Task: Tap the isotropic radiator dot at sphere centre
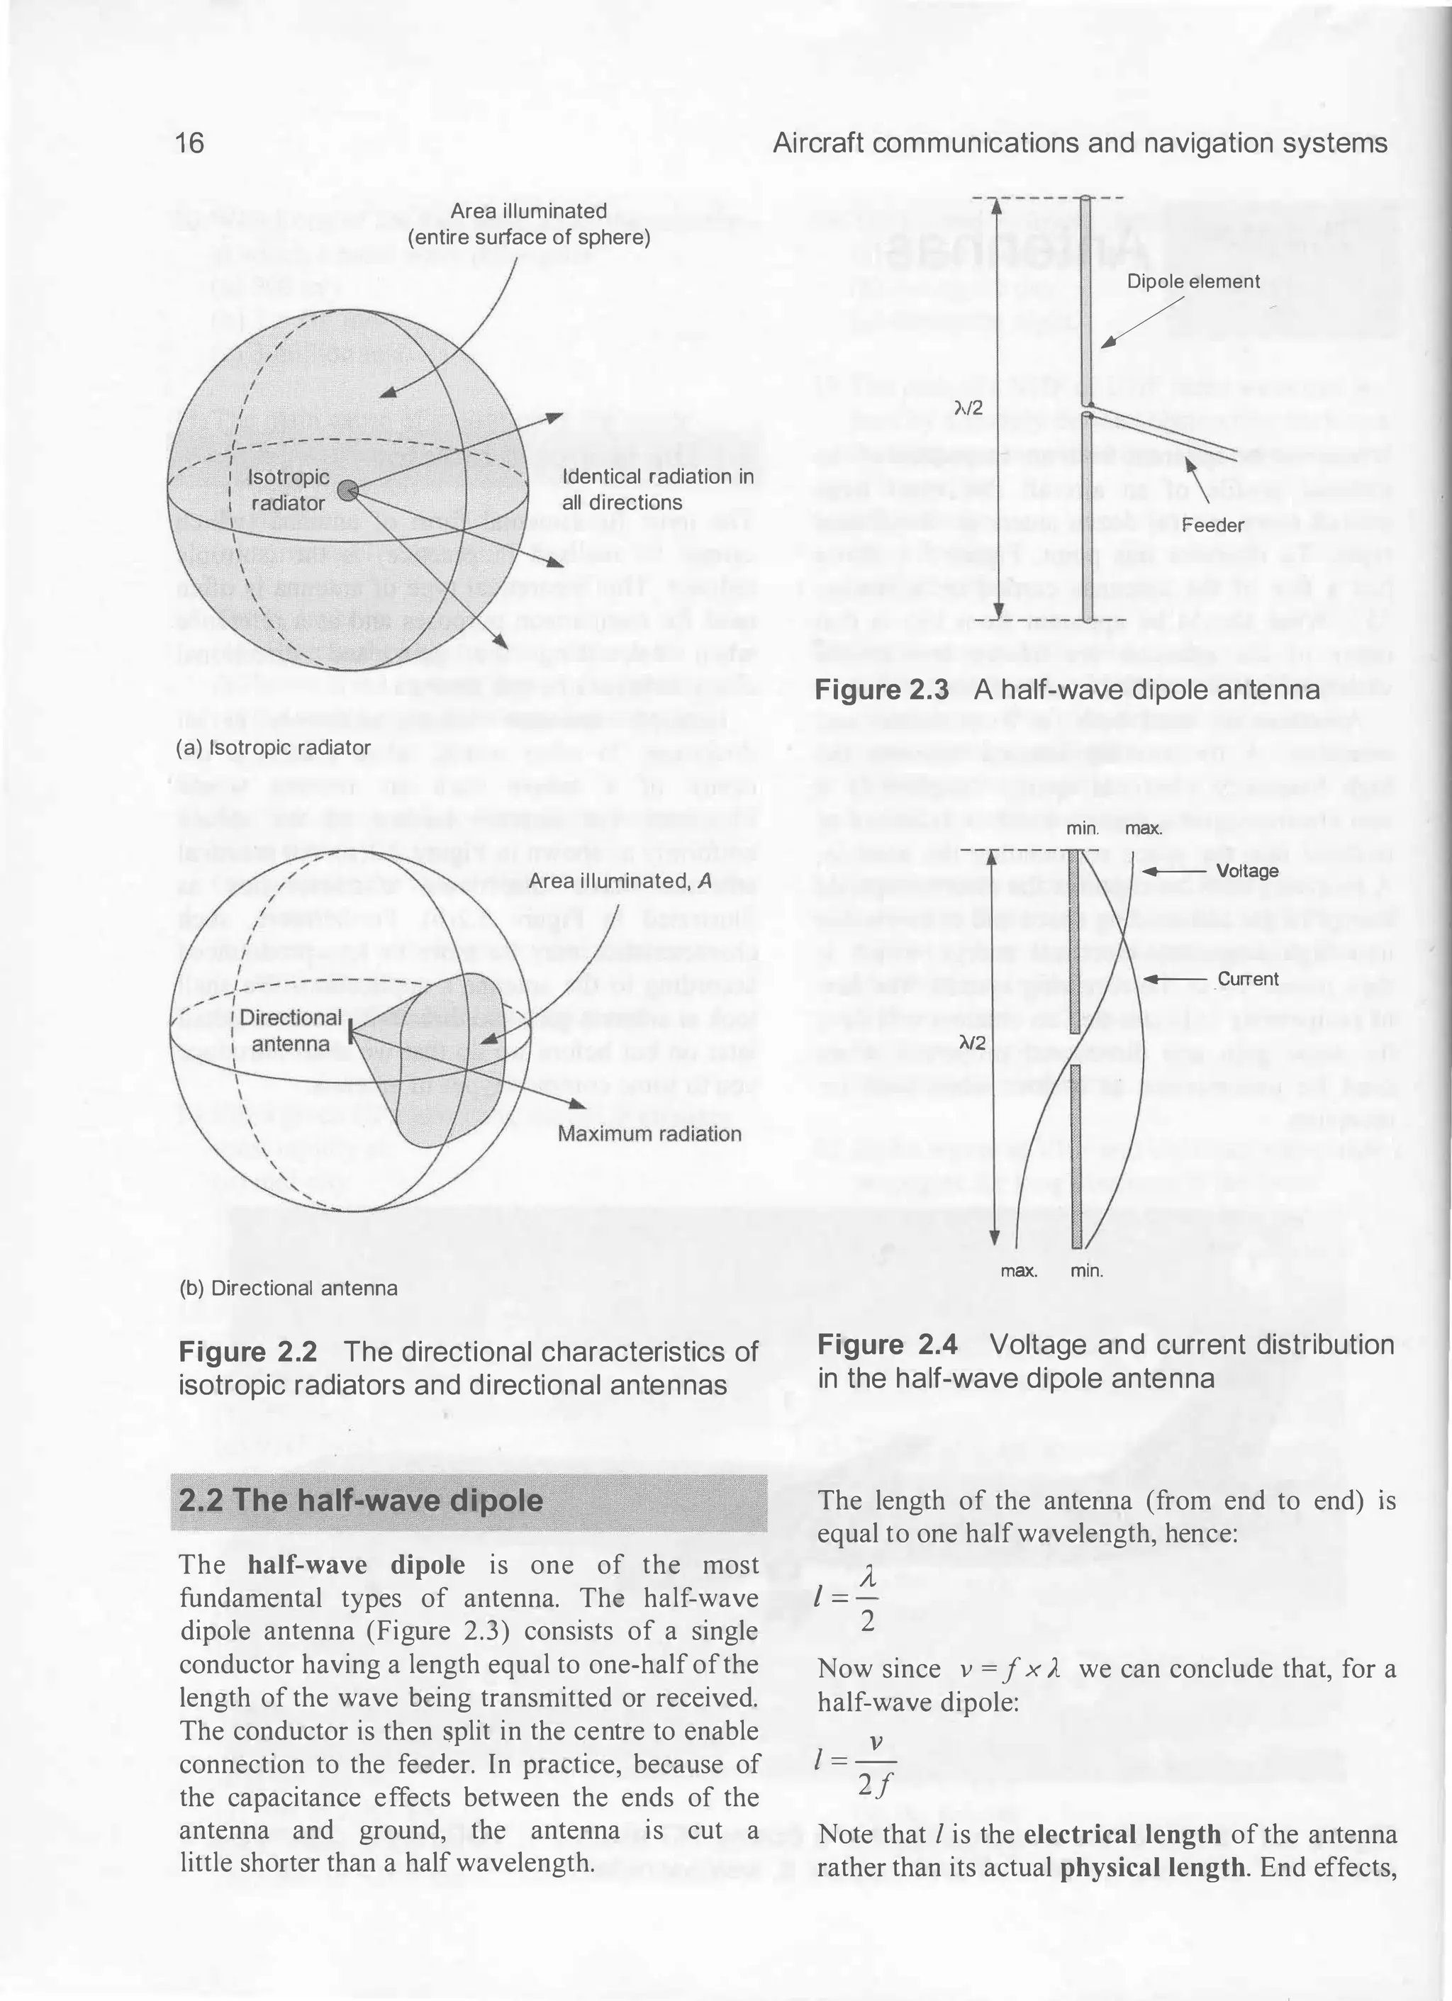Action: (349, 491)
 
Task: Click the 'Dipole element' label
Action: (1193, 281)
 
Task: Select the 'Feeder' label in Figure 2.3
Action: (1213, 525)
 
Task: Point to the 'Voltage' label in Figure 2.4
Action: (1246, 871)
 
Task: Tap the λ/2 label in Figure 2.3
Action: (968, 407)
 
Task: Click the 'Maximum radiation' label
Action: (649, 1133)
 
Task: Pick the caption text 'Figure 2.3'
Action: (881, 690)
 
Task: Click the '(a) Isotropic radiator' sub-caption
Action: (274, 747)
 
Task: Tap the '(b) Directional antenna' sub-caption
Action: (288, 1287)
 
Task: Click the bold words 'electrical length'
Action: (1122, 1835)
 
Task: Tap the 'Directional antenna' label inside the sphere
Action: (291, 1031)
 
